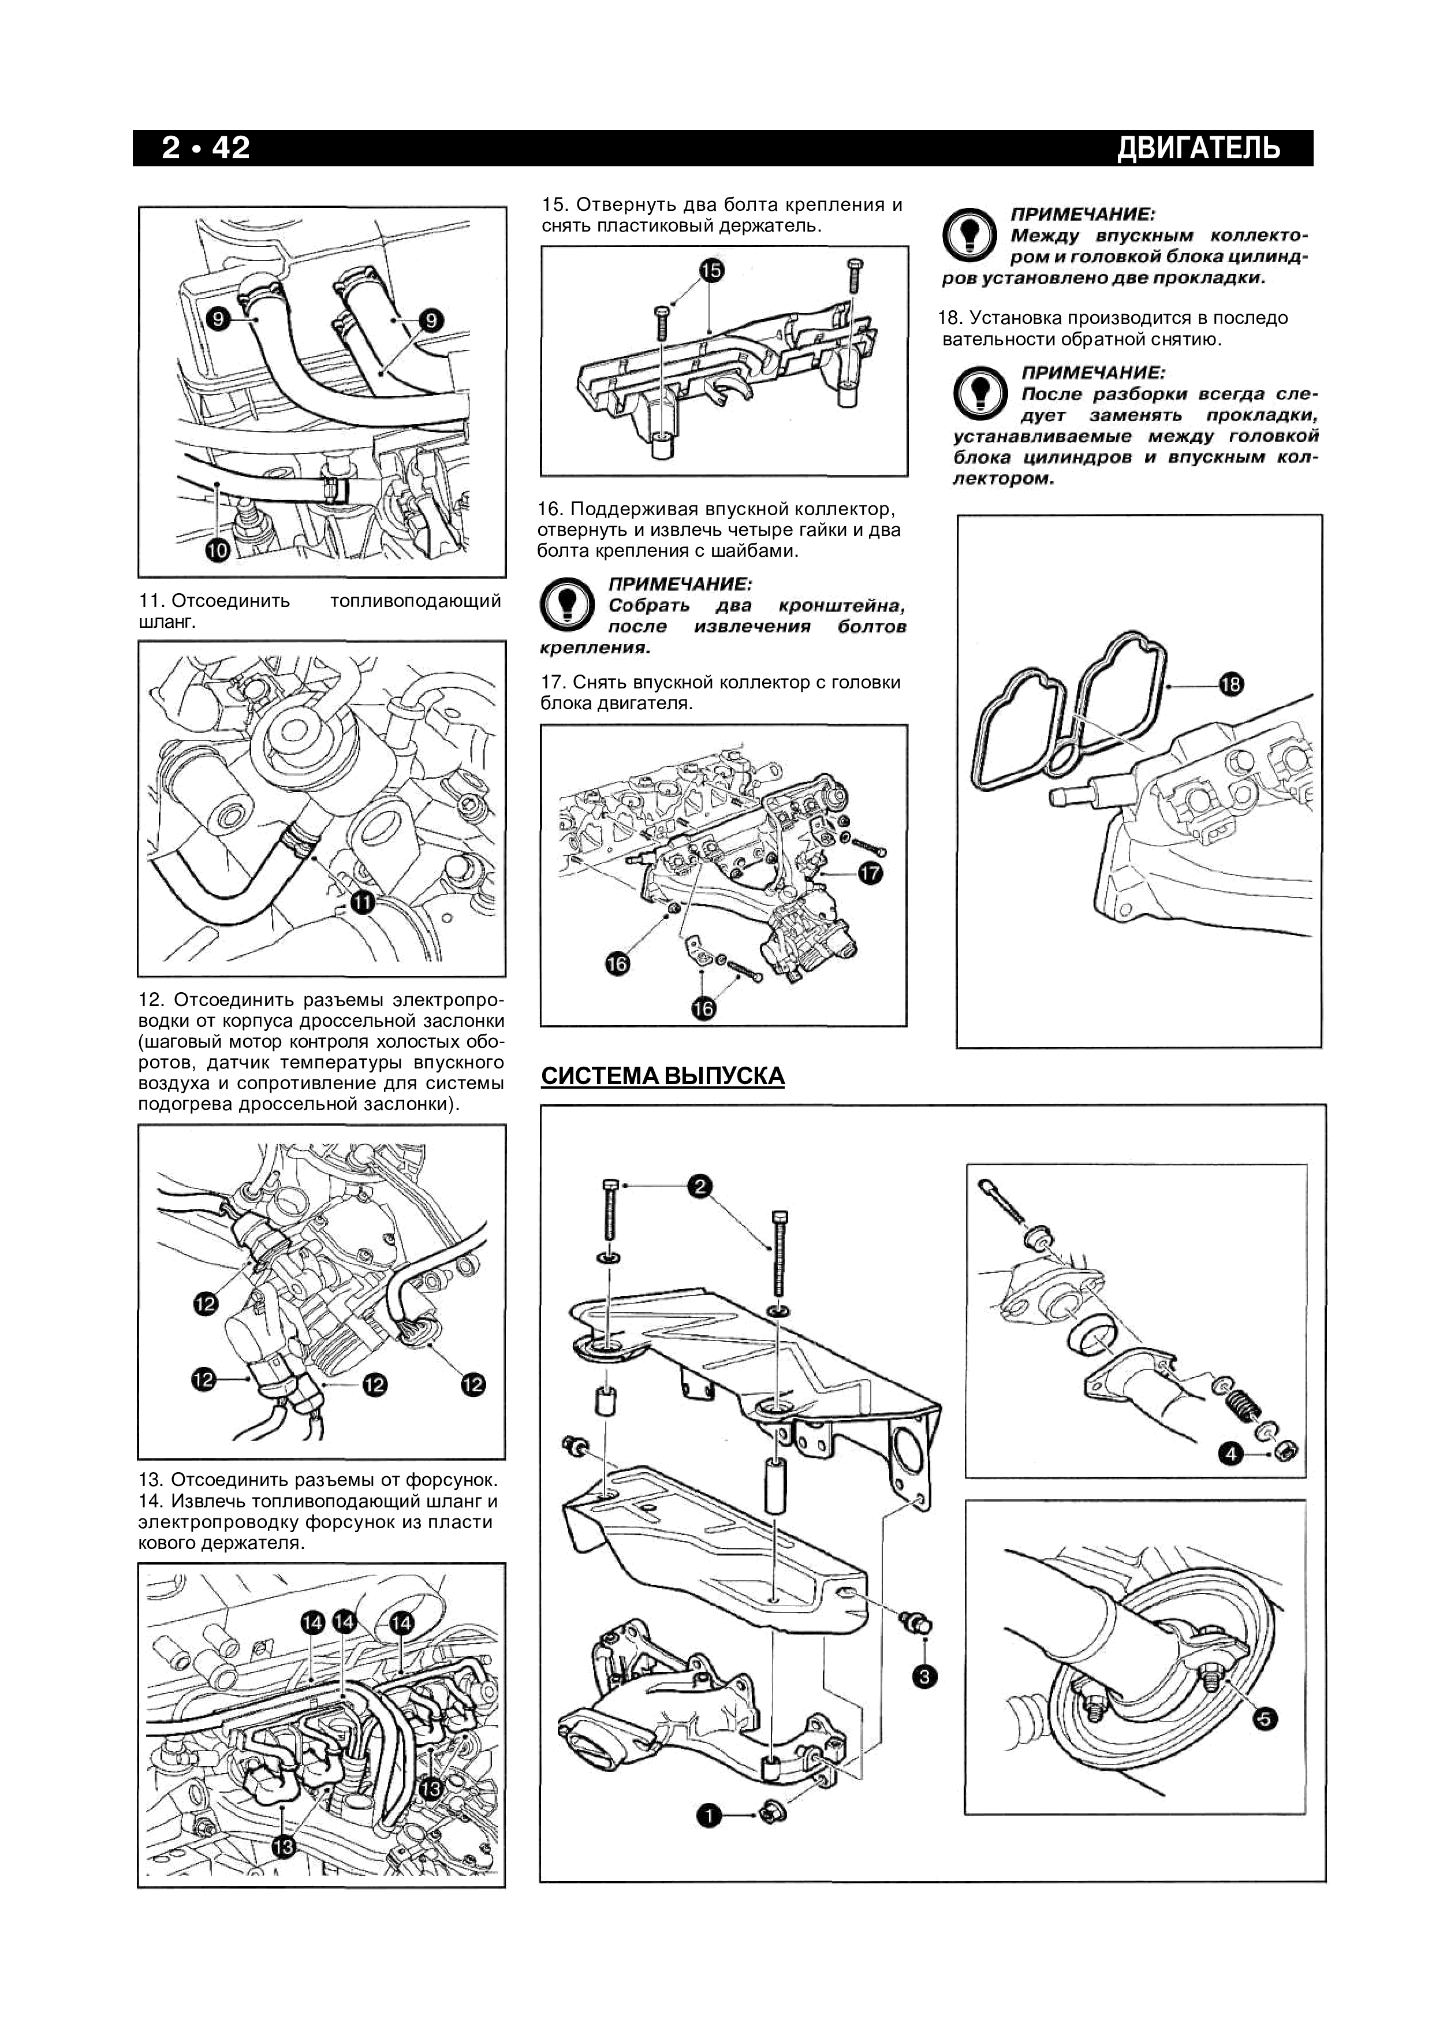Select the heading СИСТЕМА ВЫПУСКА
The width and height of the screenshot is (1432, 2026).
tap(663, 1075)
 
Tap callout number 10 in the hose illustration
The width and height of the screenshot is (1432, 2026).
tap(217, 550)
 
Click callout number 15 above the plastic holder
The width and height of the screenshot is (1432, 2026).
tap(711, 271)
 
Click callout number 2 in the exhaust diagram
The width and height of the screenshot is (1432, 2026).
tap(700, 1187)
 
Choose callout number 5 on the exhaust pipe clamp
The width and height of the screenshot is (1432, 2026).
tap(1265, 1718)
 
